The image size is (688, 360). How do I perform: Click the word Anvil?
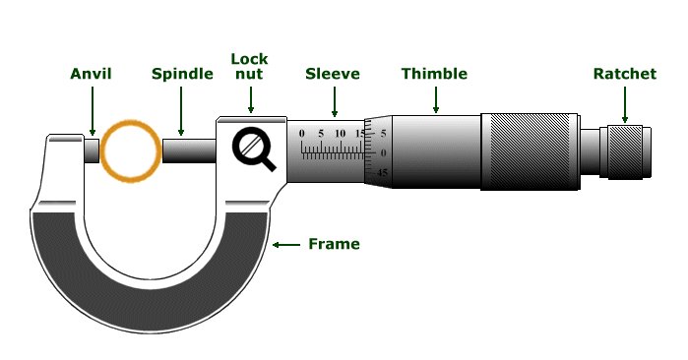coord(91,74)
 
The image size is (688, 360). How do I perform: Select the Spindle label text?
coord(182,74)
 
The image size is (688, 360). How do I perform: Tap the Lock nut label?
coord(249,66)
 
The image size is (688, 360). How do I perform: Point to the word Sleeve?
coord(333,74)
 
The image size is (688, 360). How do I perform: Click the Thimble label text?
coord(434,74)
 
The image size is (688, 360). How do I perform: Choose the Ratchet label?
coord(624,74)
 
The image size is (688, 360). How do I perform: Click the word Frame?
coord(334,244)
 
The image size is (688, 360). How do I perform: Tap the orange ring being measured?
coord(130,150)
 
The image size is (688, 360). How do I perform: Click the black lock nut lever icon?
coord(253,149)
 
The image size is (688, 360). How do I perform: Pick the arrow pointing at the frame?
coord(285,244)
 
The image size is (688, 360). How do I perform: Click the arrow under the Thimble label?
coord(435,98)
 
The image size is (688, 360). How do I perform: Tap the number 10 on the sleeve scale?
coord(340,133)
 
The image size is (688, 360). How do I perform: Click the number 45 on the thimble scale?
coord(383,172)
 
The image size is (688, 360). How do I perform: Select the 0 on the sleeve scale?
coord(302,133)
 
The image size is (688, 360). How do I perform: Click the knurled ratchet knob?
coord(625,150)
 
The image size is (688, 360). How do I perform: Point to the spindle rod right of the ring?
coord(189,150)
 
